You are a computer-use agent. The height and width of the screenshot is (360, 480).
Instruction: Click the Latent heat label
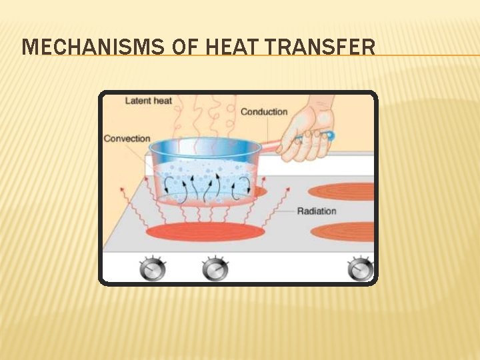pos(149,101)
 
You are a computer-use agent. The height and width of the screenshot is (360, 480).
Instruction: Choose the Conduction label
pos(264,112)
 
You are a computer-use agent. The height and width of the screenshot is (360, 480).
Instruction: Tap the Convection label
pos(127,139)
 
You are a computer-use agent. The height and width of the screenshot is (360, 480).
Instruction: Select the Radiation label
pos(317,211)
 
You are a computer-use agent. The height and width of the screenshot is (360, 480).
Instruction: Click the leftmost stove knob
pos(152,269)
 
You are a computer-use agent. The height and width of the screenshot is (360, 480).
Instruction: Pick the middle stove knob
pos(215,269)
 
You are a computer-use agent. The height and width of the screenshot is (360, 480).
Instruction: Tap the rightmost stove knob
pos(361,269)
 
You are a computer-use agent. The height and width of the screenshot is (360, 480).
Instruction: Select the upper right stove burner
pos(343,191)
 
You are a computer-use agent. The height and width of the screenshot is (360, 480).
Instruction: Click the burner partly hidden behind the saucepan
pos(258,191)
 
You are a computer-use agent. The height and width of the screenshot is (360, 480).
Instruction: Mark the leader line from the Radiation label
pos(280,211)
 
